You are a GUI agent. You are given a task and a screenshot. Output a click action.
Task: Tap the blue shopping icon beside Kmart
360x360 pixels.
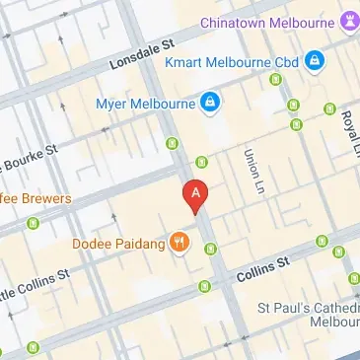[x=314, y=62]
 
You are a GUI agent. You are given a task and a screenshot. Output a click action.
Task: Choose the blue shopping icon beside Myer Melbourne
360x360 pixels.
[x=209, y=102]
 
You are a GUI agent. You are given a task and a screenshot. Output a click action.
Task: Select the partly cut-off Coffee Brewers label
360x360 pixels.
[x=36, y=198]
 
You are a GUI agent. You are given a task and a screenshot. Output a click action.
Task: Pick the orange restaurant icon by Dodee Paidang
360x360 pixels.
[x=179, y=242]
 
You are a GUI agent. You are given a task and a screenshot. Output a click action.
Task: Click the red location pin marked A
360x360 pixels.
[x=196, y=193]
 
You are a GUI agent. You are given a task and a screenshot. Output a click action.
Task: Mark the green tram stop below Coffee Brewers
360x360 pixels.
[x=33, y=224]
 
